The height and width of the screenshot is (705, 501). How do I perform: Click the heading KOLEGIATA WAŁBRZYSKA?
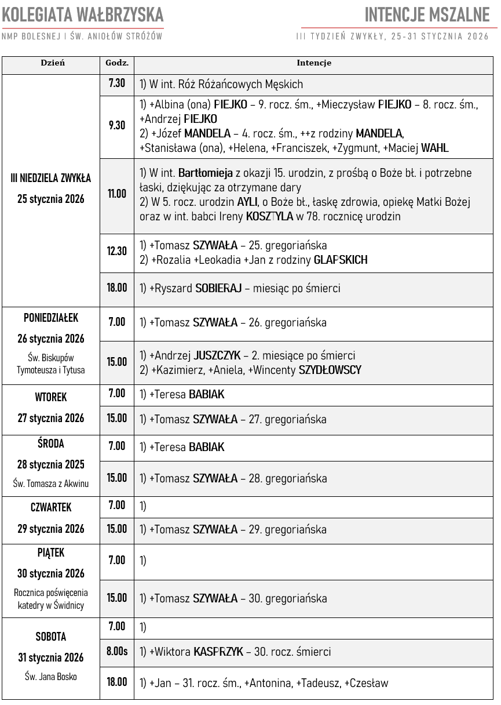click(x=83, y=14)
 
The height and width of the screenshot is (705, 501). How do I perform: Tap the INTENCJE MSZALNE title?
click(x=427, y=14)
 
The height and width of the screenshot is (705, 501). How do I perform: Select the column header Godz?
click(x=117, y=63)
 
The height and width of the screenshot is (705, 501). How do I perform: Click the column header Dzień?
click(x=53, y=63)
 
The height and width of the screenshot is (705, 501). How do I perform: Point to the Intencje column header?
click(x=314, y=63)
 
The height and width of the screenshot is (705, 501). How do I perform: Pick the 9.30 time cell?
click(x=117, y=125)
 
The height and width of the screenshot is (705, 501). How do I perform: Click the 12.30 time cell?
click(x=117, y=251)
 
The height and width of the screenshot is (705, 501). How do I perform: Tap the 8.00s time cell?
click(x=117, y=651)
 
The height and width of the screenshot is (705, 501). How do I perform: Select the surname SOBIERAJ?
click(x=218, y=288)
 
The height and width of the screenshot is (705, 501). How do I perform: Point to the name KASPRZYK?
click(x=218, y=652)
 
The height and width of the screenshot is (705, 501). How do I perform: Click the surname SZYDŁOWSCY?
click(x=330, y=370)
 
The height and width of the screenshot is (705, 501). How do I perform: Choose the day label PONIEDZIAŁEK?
click(x=51, y=318)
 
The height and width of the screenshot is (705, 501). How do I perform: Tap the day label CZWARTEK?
click(x=51, y=507)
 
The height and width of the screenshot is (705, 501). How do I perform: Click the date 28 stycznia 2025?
click(x=51, y=464)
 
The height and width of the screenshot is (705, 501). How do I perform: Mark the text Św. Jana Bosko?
click(x=51, y=677)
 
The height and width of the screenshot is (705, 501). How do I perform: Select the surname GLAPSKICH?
click(x=341, y=260)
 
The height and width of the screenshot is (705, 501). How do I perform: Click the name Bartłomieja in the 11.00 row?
click(x=206, y=173)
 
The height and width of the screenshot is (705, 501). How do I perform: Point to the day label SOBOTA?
click(x=51, y=637)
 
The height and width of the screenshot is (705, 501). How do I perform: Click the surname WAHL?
click(x=435, y=148)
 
